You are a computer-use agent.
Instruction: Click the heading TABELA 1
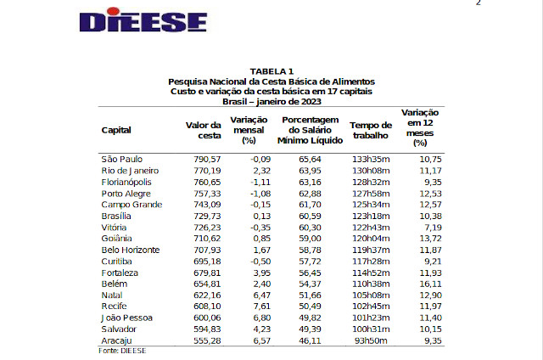coord(271,70)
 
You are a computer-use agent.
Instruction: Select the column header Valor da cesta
coord(203,130)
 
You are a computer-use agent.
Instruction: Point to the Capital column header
coord(116,130)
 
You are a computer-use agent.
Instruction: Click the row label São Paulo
coord(121,159)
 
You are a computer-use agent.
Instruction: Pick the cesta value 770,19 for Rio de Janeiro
coord(204,171)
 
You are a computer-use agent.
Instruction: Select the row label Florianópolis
coord(126,182)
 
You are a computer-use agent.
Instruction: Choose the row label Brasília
coord(116,216)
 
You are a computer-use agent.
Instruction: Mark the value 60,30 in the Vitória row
coord(311,228)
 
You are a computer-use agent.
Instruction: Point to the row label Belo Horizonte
coord(130,250)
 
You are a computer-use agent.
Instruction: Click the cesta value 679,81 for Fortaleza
coord(204,273)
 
